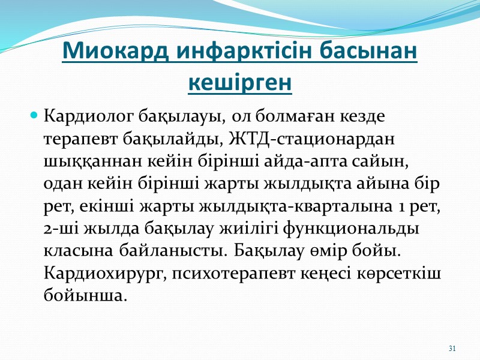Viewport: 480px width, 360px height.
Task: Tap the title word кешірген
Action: pos(240,83)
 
